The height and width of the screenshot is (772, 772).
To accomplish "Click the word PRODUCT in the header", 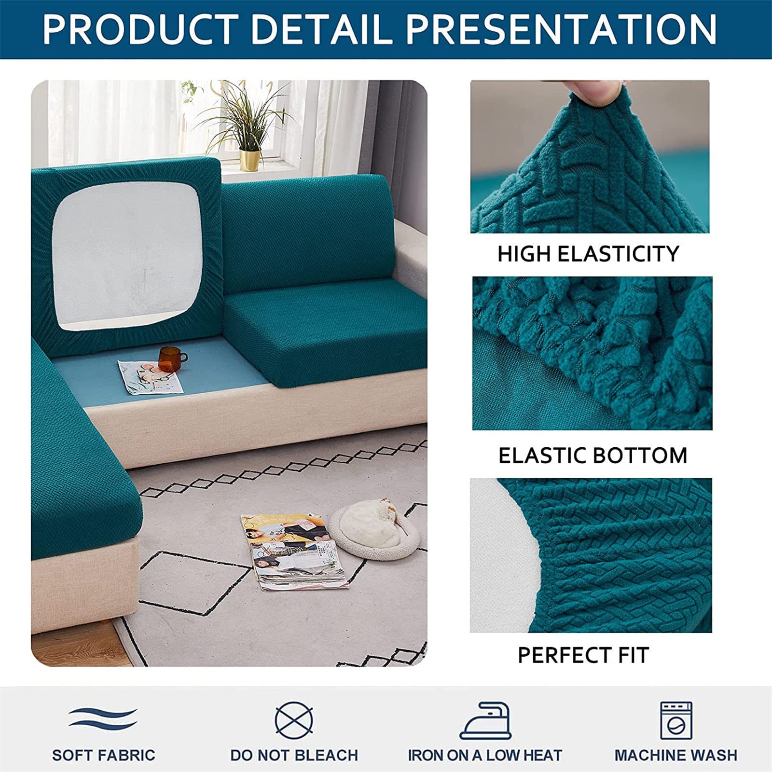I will pos(140,29).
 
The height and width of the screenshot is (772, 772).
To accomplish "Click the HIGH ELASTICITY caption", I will pos(588,254).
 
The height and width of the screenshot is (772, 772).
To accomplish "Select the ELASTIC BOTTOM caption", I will pos(593,455).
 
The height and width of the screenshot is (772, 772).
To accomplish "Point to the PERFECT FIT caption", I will pos(583,655).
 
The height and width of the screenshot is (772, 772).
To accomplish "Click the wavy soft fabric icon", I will pos(103,717).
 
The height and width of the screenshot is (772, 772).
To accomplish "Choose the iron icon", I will pos(485,720).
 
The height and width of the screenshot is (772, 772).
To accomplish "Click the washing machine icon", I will pos(675,720).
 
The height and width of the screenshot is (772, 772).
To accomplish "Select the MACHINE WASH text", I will pos(675,755).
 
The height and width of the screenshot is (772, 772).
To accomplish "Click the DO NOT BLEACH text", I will pos(294,755).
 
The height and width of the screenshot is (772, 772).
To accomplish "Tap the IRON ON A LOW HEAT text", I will pos(485,755).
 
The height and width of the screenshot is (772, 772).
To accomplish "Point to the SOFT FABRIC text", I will pos(104,755).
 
